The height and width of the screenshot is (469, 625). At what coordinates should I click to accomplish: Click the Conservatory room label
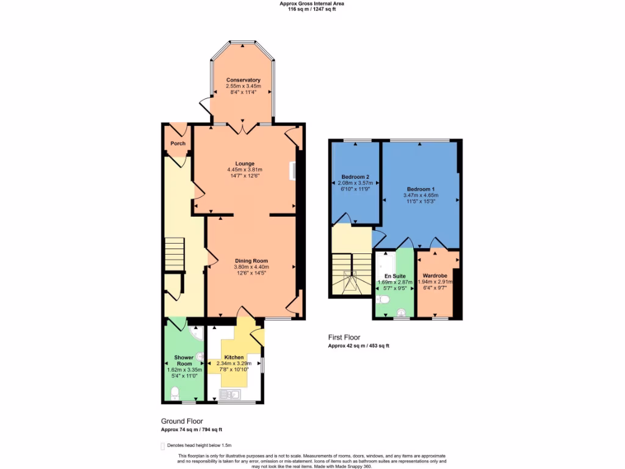coord(243,80)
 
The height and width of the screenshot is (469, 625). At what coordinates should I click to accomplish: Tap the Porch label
coord(178,144)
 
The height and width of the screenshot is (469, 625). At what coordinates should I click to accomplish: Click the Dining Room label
coord(251,261)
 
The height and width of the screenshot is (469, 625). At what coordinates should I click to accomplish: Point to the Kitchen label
coord(234,357)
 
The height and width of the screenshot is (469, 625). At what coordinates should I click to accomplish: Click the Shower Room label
coord(184,360)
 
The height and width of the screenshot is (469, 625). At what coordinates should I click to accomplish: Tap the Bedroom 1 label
coord(421,189)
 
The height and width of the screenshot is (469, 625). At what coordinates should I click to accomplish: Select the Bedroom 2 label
coord(355,177)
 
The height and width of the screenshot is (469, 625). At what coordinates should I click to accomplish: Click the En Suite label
coord(394,276)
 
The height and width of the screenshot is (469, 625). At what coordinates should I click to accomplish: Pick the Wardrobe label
coord(435,276)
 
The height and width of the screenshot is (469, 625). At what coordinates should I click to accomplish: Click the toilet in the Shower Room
coord(174,391)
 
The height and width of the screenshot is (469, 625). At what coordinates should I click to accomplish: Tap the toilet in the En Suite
coord(383,299)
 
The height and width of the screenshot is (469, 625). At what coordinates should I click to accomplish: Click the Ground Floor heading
coord(182,421)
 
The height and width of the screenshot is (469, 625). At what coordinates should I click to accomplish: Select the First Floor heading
coord(344,337)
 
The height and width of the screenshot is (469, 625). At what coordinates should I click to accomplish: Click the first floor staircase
coord(351,275)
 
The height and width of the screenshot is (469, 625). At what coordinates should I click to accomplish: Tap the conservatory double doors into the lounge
coord(243,128)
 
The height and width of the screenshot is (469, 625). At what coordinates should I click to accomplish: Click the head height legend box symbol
coord(162,446)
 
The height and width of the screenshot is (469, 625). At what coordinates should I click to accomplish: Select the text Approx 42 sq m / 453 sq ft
coord(358,346)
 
